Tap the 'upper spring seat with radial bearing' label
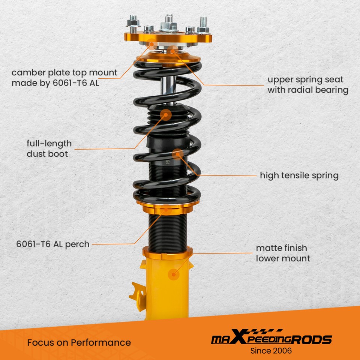(x=307, y=85)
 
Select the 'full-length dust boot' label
(x=49, y=148)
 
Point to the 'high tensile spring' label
(x=299, y=175)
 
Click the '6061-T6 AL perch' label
(x=53, y=244)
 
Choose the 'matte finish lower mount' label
(x=283, y=253)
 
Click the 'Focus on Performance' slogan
(x=79, y=342)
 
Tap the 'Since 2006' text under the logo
(x=271, y=351)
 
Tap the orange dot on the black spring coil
(x=177, y=154)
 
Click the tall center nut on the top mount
(x=169, y=23)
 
